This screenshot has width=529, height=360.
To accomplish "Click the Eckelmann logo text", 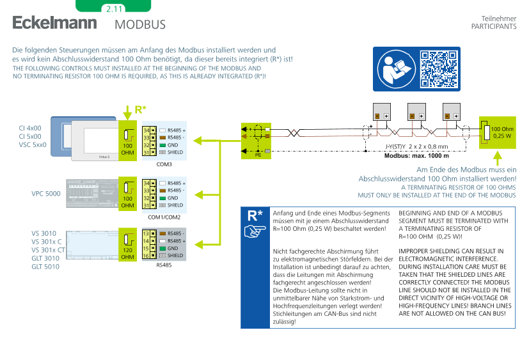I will [54, 24].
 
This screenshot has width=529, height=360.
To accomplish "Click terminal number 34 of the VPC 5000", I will [146, 184].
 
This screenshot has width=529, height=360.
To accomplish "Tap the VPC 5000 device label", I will [46, 194].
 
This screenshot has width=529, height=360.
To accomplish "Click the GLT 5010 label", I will [45, 266].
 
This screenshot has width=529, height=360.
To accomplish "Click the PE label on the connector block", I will [258, 154].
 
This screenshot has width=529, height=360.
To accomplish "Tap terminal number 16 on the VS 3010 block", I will [146, 255].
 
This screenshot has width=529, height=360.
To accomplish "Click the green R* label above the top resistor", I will [141, 110].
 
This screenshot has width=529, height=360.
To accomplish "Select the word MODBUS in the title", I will [140, 25].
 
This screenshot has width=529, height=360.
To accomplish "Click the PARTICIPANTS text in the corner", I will [493, 27].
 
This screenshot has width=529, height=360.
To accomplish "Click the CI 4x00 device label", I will [30, 128].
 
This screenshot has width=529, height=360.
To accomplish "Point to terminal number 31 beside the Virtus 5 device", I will [146, 152].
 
